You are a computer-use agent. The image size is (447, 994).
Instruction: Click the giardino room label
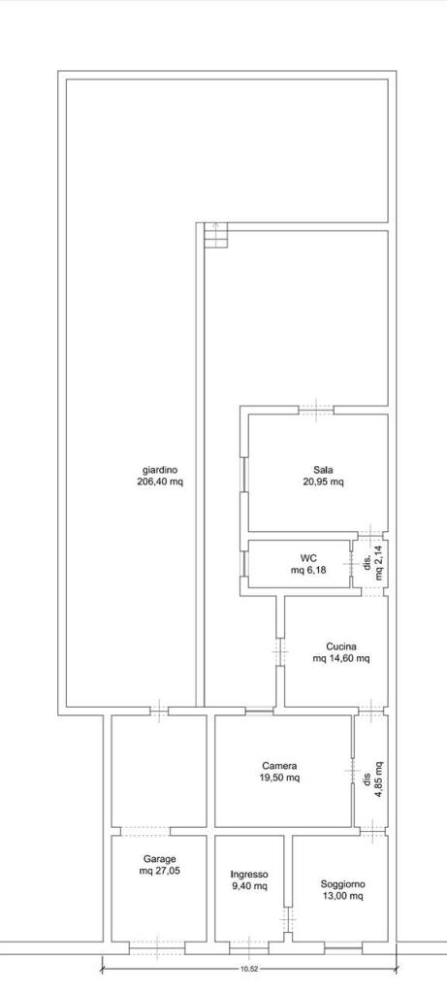pos(160,470)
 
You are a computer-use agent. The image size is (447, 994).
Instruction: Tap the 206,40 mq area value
pos(160,481)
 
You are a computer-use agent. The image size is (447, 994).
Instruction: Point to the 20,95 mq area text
pos(323,481)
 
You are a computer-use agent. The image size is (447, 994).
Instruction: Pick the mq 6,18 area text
pos(308,569)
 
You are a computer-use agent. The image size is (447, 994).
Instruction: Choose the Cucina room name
pos(341,646)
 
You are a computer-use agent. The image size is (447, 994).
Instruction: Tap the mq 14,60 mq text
pos(341,658)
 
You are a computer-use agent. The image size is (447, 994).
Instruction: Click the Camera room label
pos(279,765)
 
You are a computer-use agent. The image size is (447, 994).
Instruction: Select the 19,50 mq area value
pos(279,777)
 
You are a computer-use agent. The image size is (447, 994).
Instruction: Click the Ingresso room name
pos(249,874)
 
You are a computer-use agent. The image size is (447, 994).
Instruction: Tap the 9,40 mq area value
pos(249,885)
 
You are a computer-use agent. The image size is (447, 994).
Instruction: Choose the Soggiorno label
pos(342,884)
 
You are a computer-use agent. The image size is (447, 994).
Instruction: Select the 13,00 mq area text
pos(342,896)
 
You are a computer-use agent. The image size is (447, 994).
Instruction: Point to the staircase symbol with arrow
pos(215,235)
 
